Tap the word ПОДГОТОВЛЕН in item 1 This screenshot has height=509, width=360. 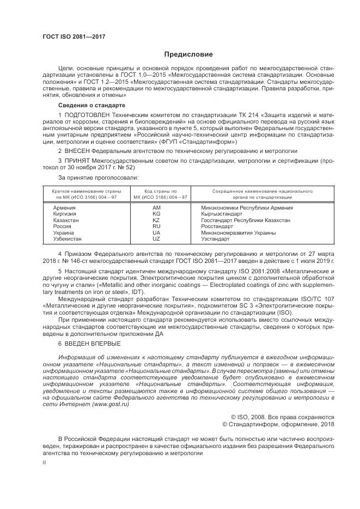click(x=88, y=115)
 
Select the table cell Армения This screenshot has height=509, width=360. click(x=65, y=208)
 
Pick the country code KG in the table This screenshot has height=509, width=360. click(x=156, y=214)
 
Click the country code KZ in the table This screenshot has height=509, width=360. click(x=156, y=220)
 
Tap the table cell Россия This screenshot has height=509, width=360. click(x=62, y=226)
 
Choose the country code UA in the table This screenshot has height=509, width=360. click(x=156, y=232)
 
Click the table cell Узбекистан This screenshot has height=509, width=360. click(x=68, y=238)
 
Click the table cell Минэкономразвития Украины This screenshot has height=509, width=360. click(x=238, y=232)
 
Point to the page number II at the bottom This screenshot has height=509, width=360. click(x=44, y=462)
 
